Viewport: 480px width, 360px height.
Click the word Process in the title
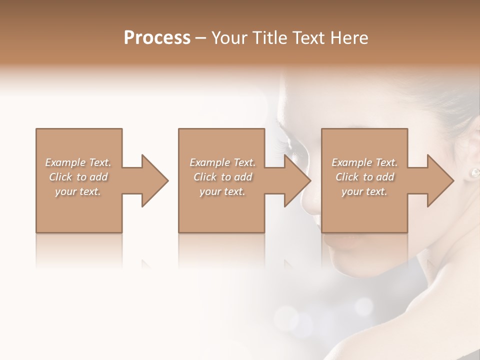click(x=157, y=38)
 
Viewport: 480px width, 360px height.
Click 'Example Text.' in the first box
click(x=78, y=162)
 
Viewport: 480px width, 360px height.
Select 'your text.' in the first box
click(x=78, y=191)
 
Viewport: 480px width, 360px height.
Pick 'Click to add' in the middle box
click(x=222, y=177)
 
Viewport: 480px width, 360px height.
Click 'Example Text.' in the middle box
click(x=222, y=162)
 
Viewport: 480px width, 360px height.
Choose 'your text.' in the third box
click(x=364, y=191)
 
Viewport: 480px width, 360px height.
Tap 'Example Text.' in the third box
click(x=364, y=162)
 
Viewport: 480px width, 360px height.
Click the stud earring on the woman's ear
click(x=474, y=172)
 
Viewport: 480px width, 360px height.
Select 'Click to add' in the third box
click(x=364, y=177)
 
